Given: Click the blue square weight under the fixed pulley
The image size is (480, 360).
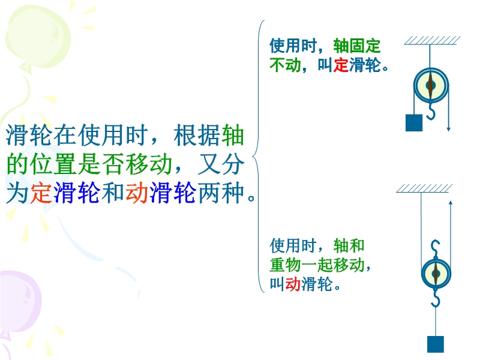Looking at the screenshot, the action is point(414,123).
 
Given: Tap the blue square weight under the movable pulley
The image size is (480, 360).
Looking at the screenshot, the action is point(436,344).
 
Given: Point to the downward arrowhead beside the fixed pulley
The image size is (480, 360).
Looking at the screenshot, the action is point(448,129).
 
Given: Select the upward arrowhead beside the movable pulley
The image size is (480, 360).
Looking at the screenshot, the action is point(451,203).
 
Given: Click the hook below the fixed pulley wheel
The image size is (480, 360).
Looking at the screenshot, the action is point(431,111).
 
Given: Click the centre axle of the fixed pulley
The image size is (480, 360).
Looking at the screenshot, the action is point(430,85).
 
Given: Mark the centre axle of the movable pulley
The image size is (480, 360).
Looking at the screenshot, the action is point(436,274).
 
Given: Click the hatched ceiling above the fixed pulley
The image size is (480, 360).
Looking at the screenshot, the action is point(432,40).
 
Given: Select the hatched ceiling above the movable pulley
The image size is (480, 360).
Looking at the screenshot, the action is point(424,188).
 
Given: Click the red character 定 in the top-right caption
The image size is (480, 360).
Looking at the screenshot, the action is point(341,65).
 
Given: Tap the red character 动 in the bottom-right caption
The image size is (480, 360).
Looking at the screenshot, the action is point(293,284).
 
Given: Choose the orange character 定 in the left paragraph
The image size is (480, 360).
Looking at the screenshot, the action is point(41,193).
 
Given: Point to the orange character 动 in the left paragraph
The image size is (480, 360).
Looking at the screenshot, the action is point(137,193).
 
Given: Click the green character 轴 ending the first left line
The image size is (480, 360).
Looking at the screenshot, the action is point(233,135).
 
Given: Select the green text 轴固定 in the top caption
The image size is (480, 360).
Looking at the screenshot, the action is point(356,46).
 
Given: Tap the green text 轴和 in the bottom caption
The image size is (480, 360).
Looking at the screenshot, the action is point(349,245).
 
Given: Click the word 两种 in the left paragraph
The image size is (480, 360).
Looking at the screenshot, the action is point(221,193).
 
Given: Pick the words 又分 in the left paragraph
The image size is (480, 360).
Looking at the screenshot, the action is point(221,164).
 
